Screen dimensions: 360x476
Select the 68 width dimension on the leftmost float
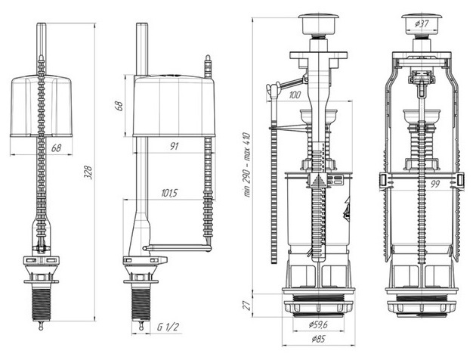coord(57,149)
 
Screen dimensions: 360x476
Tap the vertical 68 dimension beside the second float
coord(119,104)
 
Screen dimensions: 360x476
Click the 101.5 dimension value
coord(169,194)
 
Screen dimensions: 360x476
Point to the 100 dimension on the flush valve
coord(294,95)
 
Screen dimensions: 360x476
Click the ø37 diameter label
coord(423,25)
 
